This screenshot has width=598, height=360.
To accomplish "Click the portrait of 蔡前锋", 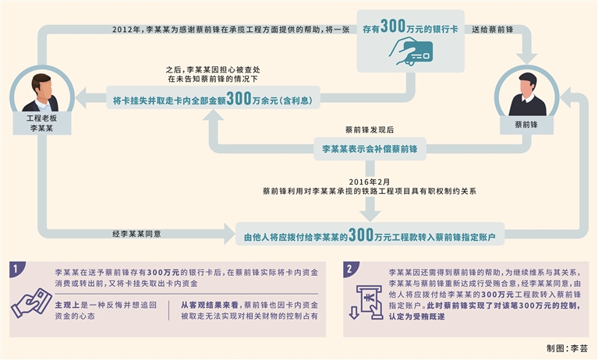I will [x=527, y=93].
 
